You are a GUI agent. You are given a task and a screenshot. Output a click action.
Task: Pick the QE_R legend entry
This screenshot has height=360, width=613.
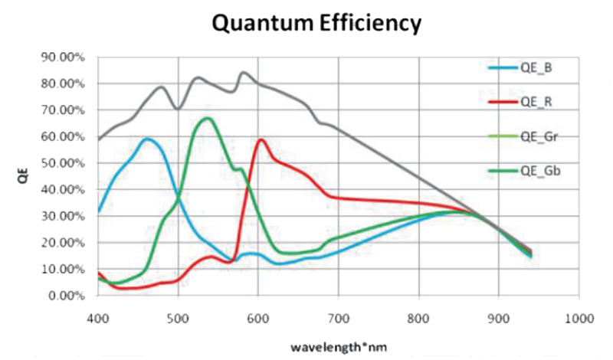[536, 101]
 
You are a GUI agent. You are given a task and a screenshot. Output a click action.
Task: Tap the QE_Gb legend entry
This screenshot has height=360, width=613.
[538, 171]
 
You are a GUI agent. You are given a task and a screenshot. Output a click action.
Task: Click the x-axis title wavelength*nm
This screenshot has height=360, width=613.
[338, 346]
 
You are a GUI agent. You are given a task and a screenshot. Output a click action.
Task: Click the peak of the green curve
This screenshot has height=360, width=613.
[207, 118]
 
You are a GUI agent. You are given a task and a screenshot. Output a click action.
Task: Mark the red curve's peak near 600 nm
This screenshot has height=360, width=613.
[261, 139]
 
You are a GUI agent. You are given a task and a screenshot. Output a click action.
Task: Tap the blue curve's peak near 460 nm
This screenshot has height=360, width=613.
[146, 139]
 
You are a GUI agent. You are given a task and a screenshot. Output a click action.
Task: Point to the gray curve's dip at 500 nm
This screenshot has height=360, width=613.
[178, 109]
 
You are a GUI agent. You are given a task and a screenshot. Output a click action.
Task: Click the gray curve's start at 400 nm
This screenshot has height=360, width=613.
[98, 140]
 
